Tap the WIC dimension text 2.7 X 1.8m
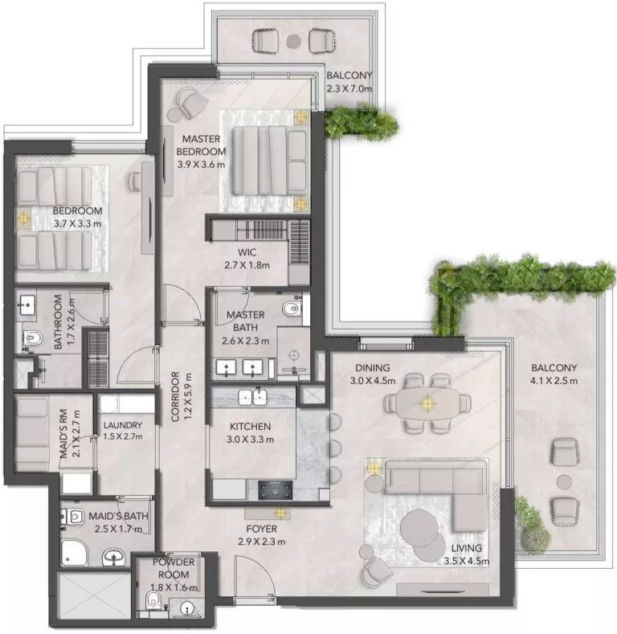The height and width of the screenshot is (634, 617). click(246, 265)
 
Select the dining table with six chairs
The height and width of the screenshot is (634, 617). click(428, 402)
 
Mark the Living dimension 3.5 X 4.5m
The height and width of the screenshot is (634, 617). click(466, 562)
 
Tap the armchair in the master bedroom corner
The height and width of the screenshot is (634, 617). click(190, 101)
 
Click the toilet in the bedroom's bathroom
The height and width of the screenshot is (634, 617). click(30, 338)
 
